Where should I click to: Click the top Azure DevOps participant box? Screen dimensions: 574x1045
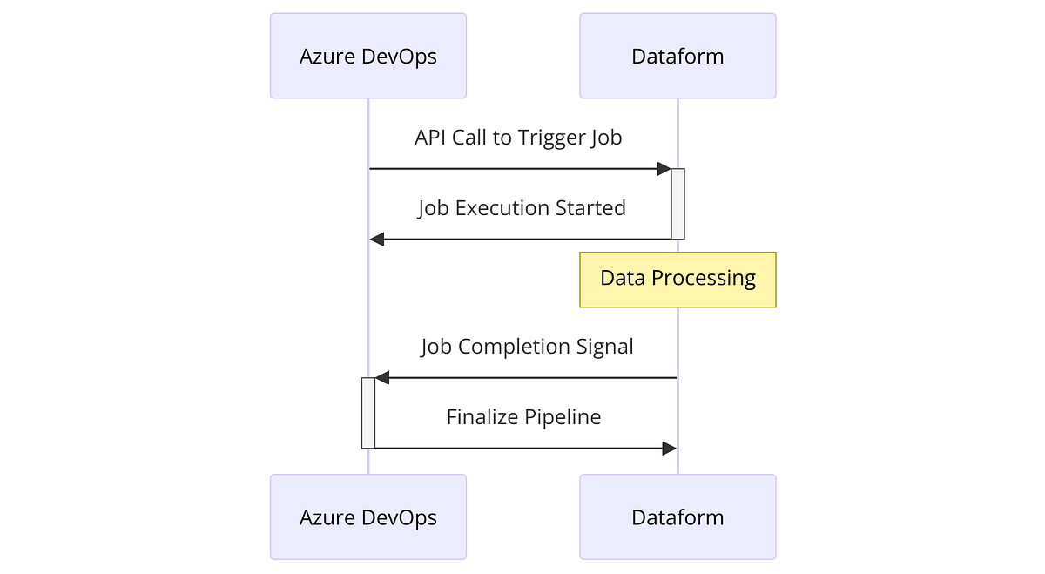coord(367,56)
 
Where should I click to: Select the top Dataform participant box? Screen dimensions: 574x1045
coord(678,56)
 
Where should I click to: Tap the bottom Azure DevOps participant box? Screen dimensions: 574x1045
coord(367,517)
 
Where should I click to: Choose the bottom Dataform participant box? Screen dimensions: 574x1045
coord(678,517)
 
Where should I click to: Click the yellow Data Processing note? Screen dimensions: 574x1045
coord(678,280)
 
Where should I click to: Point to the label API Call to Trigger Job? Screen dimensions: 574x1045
coord(518,138)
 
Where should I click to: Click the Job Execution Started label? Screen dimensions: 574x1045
coord(522,208)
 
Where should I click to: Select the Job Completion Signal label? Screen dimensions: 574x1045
coord(527,347)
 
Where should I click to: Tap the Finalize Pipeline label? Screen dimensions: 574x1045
coord(523,417)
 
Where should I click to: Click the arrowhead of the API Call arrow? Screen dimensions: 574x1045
coord(664,169)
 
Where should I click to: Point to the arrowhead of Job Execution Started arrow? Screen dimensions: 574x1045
coord(377,239)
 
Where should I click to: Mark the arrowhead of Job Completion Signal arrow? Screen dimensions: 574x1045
coord(382,378)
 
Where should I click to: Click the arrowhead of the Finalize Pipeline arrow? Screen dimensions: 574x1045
coord(669,448)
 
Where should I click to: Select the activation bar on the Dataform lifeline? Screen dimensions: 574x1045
coord(678,204)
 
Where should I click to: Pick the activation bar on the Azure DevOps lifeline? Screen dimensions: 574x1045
coord(368,413)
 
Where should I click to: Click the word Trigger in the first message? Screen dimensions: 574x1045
coord(552,138)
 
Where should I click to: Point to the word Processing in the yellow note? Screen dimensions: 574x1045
coord(704,279)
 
